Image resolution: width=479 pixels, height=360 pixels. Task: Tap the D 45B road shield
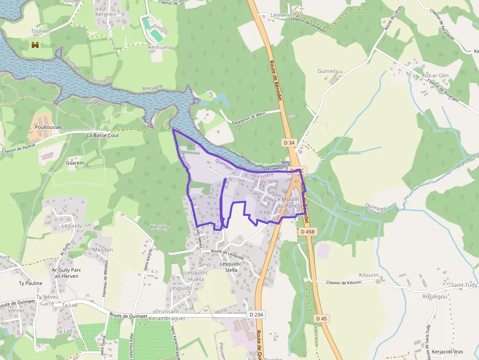(x=308, y=232)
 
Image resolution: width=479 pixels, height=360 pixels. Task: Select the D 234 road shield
(x=256, y=315)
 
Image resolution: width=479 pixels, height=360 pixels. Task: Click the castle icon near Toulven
(x=35, y=45)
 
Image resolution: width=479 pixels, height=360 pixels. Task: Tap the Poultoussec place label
(x=49, y=127)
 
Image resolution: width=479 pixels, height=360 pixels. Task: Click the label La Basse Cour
(x=103, y=135)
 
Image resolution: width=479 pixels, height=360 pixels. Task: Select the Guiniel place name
(x=327, y=71)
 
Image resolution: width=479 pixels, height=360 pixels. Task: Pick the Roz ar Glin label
(x=435, y=75)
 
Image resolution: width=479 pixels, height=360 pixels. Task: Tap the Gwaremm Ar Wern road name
(x=249, y=115)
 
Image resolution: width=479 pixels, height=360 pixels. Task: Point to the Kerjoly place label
(x=159, y=227)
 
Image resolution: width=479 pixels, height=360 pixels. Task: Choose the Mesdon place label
(x=103, y=250)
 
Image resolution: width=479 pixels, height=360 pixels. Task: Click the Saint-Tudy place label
(x=464, y=285)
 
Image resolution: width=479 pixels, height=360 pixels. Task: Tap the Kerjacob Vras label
(x=447, y=351)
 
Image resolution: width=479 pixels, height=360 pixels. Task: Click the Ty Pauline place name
(x=30, y=283)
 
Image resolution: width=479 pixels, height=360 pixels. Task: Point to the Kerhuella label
(x=160, y=47)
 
